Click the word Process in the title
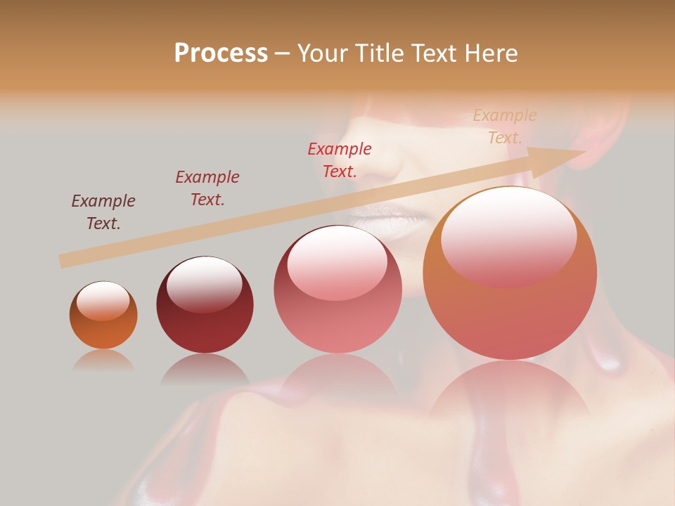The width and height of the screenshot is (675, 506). [x=221, y=53]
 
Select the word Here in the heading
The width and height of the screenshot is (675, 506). [x=489, y=53]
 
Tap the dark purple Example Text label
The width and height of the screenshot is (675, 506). [x=103, y=212]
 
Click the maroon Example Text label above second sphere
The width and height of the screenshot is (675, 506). [x=207, y=188]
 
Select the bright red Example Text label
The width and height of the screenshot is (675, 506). [x=340, y=160]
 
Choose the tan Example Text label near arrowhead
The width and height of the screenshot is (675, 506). [x=505, y=126]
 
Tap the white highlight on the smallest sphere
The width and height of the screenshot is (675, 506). [x=103, y=299]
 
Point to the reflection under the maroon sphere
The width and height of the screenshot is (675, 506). [x=205, y=370]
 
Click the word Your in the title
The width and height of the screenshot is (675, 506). [x=326, y=53]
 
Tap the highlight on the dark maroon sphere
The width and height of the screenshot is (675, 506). [x=204, y=281]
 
